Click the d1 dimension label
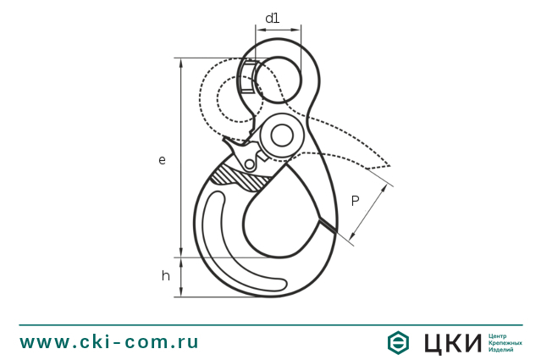coord(272,18)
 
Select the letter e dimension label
coord(162,159)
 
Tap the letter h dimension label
coord(166,275)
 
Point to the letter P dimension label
coord(356,201)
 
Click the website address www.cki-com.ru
coord(109,342)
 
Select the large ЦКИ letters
coord(450,342)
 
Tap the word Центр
coord(499,335)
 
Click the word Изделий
coord(501,350)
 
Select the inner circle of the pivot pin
coord(281,135)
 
